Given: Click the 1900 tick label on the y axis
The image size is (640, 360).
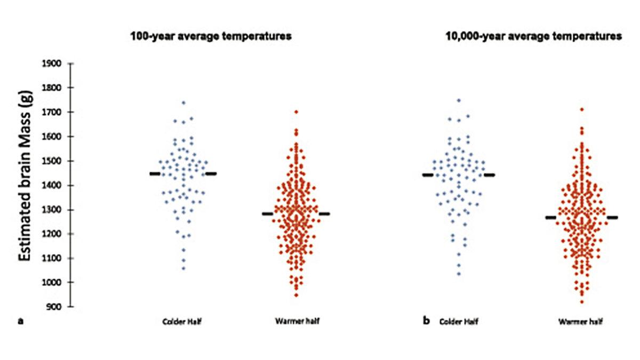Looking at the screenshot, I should click(x=55, y=63).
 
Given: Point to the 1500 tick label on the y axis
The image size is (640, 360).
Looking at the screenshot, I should click(x=55, y=161).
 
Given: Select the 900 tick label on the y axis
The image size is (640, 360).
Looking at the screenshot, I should click(x=57, y=307).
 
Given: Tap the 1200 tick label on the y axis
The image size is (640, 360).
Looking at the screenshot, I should click(x=55, y=234).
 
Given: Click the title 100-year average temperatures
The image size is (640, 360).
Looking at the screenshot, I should click(x=212, y=37).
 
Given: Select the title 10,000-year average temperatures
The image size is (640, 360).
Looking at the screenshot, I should click(x=533, y=37).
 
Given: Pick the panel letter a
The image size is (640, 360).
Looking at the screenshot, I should click(x=20, y=322).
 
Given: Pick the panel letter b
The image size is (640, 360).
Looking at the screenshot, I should click(x=427, y=322).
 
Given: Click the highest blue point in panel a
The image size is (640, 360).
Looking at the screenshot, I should click(x=183, y=102).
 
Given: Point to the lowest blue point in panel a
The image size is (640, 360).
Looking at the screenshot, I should click(x=183, y=268).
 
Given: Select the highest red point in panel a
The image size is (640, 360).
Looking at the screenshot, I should click(x=296, y=112).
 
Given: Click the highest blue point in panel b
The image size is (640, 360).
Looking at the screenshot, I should click(x=458, y=100).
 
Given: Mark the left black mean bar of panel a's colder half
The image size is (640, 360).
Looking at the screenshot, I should click(x=155, y=173).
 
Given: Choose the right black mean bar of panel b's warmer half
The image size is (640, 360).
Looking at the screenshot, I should click(x=612, y=218).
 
